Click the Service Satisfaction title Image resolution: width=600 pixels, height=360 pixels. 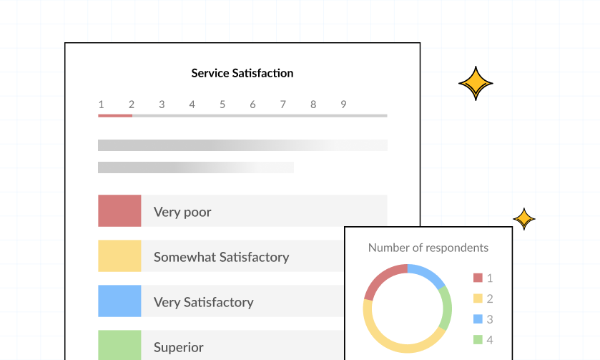pyautogui.click(x=242, y=73)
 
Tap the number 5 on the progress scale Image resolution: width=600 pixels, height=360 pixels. pyautogui.click(x=222, y=104)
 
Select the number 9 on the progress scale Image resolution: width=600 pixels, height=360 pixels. pyautogui.click(x=343, y=104)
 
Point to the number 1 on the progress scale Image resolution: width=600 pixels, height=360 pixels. pyautogui.click(x=101, y=104)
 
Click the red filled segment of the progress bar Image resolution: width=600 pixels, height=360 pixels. pyautogui.click(x=115, y=115)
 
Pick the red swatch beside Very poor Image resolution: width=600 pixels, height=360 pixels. pyautogui.click(x=119, y=211)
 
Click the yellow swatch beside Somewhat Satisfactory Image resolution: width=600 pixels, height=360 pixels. pyautogui.click(x=119, y=256)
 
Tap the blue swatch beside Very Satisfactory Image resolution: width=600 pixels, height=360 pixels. pyautogui.click(x=119, y=301)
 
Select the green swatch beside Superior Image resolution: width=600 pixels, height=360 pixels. pyautogui.click(x=119, y=345)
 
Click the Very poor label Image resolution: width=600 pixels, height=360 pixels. pyautogui.click(x=182, y=212)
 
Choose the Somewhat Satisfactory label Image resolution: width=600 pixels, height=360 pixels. pyautogui.click(x=221, y=257)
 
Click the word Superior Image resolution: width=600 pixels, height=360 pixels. pyautogui.click(x=177, y=348)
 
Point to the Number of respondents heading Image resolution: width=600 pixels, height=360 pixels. pyautogui.click(x=428, y=248)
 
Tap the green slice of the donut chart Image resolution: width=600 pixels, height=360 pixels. pyautogui.click(x=446, y=308)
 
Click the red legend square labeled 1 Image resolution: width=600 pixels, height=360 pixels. pyautogui.click(x=478, y=278)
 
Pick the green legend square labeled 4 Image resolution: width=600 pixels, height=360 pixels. pyautogui.click(x=478, y=340)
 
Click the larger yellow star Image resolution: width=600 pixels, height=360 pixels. pyautogui.click(x=476, y=84)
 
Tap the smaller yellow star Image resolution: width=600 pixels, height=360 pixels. pyautogui.click(x=524, y=219)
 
